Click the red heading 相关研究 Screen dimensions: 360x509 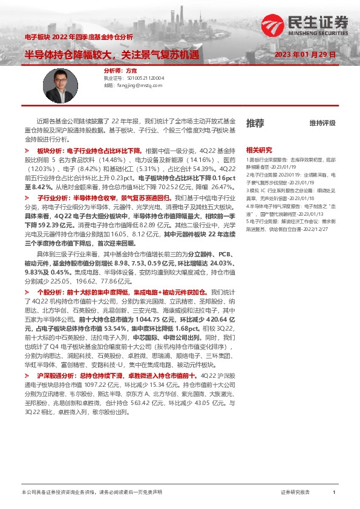[x=258, y=150]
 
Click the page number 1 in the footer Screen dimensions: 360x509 [x=334, y=493]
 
